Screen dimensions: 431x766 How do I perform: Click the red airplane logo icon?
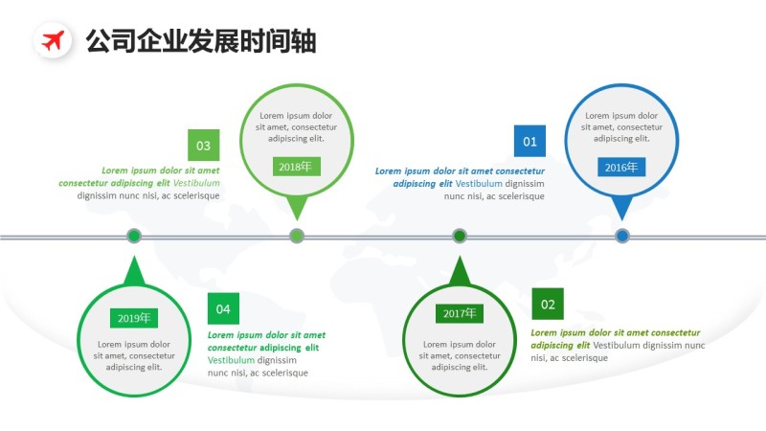point(54,40)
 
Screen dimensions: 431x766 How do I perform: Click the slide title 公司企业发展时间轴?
point(201,41)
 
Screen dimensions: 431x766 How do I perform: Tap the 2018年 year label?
point(296,167)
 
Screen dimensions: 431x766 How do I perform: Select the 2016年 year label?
point(620,168)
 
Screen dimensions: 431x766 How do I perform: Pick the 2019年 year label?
point(135,318)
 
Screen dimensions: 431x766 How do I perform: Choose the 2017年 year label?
point(460,313)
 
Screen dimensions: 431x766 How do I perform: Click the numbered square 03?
point(203,146)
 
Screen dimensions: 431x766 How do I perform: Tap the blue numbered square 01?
point(529,143)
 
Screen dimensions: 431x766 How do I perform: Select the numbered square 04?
point(223,308)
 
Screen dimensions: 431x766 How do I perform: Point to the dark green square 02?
point(548,305)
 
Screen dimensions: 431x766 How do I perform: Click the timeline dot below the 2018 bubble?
point(297,236)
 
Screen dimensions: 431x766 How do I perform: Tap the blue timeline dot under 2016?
point(622,236)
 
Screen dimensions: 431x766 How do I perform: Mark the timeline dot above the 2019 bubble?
point(134,236)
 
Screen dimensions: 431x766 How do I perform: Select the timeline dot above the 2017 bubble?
point(460,236)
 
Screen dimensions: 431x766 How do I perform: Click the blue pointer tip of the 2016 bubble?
point(622,209)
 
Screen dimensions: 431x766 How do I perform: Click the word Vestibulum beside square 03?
point(196,183)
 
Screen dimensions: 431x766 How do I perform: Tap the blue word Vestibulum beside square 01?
point(479,183)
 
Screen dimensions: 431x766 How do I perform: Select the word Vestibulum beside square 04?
point(232,360)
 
